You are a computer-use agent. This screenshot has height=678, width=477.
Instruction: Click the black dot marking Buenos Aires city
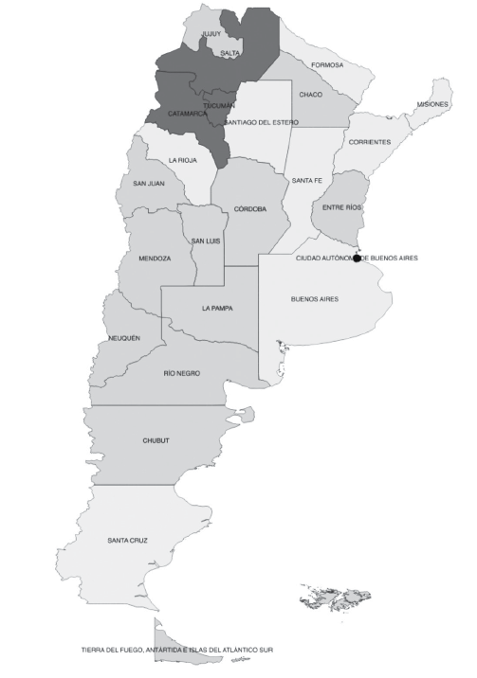357,258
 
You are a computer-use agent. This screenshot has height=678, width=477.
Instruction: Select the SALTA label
229,53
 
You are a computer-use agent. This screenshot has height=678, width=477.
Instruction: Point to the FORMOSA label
327,65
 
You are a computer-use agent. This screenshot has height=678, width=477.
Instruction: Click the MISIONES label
432,103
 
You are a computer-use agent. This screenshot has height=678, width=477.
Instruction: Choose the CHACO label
310,95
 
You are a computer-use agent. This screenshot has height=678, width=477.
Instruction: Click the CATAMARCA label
187,114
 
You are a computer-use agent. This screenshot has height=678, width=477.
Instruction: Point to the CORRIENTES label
369,142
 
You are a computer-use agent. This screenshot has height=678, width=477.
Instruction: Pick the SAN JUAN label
150,183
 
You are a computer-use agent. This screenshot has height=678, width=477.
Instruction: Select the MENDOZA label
155,259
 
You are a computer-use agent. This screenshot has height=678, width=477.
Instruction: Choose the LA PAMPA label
217,308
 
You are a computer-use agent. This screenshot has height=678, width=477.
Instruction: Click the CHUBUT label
156,440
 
